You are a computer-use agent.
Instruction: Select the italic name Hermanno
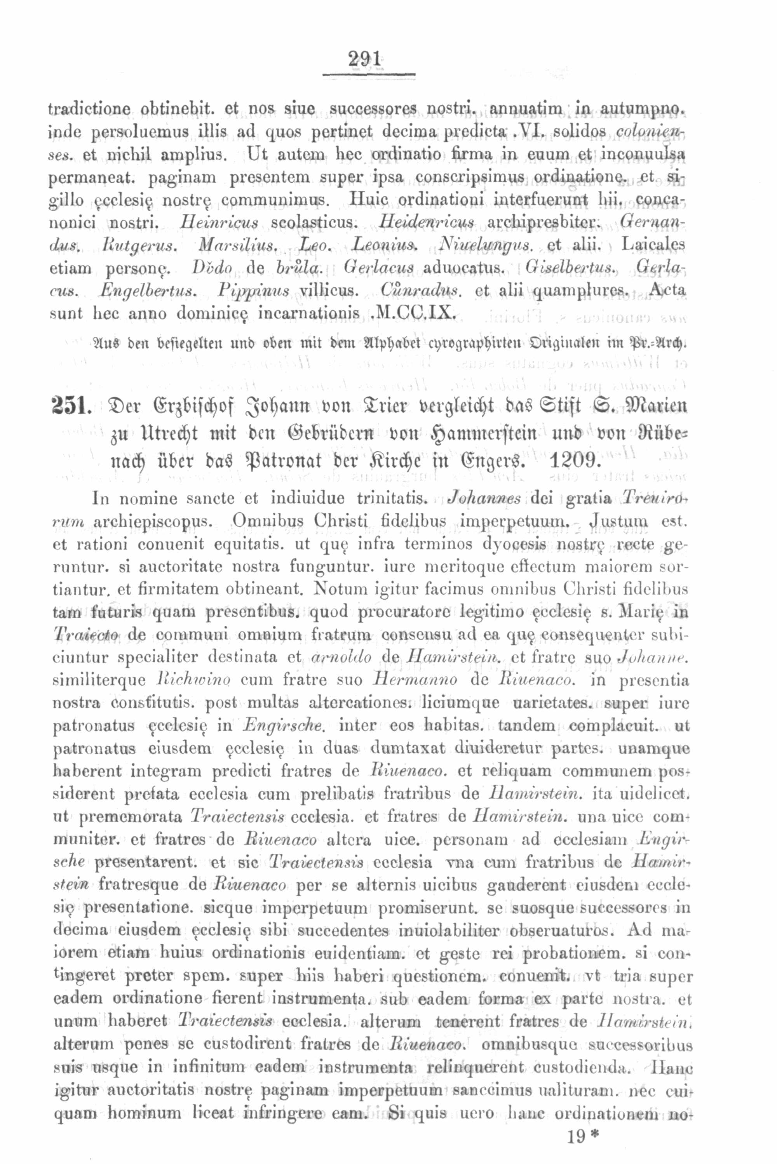tap(423, 680)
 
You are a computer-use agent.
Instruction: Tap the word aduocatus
tap(463, 268)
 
